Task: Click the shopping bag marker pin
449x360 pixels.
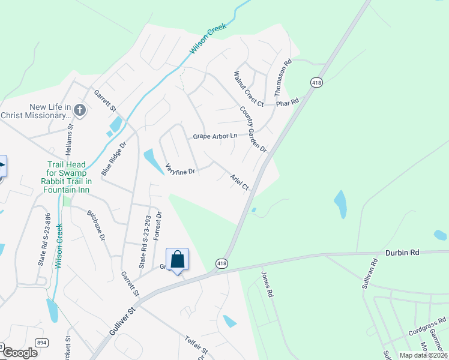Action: (x=177, y=260)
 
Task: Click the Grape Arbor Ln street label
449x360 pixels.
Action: (x=215, y=137)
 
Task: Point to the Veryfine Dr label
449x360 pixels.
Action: (x=180, y=170)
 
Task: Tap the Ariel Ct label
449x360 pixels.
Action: (x=240, y=182)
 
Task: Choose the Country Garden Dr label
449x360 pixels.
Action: (x=253, y=129)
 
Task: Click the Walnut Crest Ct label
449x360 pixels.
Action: (x=249, y=88)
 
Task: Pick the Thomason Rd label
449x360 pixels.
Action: (x=282, y=77)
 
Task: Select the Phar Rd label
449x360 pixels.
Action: (x=287, y=103)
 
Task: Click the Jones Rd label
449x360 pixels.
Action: (x=267, y=285)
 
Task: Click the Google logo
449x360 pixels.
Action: (x=20, y=353)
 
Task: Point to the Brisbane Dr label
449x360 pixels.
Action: (x=96, y=226)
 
